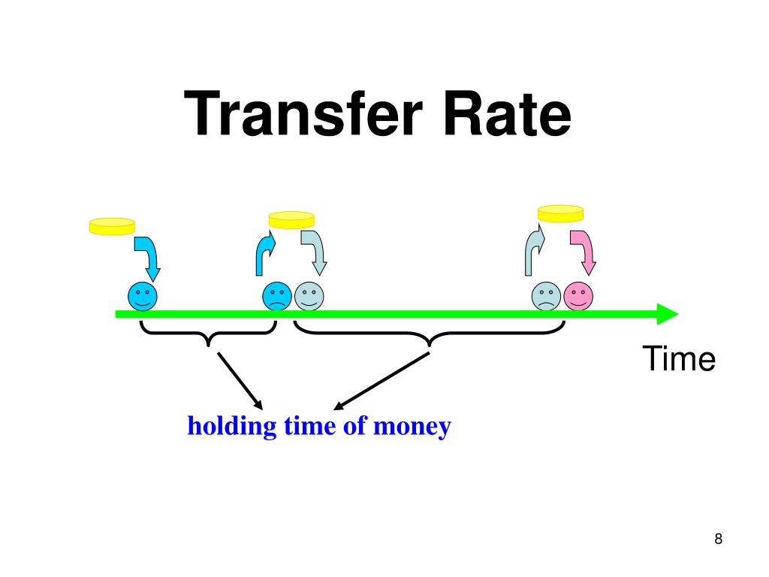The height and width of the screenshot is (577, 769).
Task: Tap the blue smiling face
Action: pos(143,297)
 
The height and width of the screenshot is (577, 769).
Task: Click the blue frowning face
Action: pos(276,297)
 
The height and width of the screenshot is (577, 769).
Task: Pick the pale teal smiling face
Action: pos(309,297)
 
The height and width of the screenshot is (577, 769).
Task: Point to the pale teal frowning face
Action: pos(547,297)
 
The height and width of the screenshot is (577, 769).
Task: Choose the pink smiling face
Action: pos(578,297)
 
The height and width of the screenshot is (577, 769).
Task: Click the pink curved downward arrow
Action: pos(584,252)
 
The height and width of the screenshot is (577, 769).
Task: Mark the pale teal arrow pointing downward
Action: pos(315,252)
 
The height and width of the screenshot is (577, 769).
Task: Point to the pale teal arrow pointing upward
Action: pos(534,252)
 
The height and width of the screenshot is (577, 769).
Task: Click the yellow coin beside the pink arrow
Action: pos(560,213)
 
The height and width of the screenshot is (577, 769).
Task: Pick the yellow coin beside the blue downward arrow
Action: pos(112,225)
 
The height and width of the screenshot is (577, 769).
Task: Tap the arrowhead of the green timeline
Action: pos(667,314)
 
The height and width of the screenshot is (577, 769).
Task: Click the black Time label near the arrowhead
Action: pos(678,360)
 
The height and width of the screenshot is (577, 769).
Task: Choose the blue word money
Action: pos(412,427)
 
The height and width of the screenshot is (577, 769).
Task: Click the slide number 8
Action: pos(718,539)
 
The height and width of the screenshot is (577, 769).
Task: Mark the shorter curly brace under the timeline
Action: pos(208,335)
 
